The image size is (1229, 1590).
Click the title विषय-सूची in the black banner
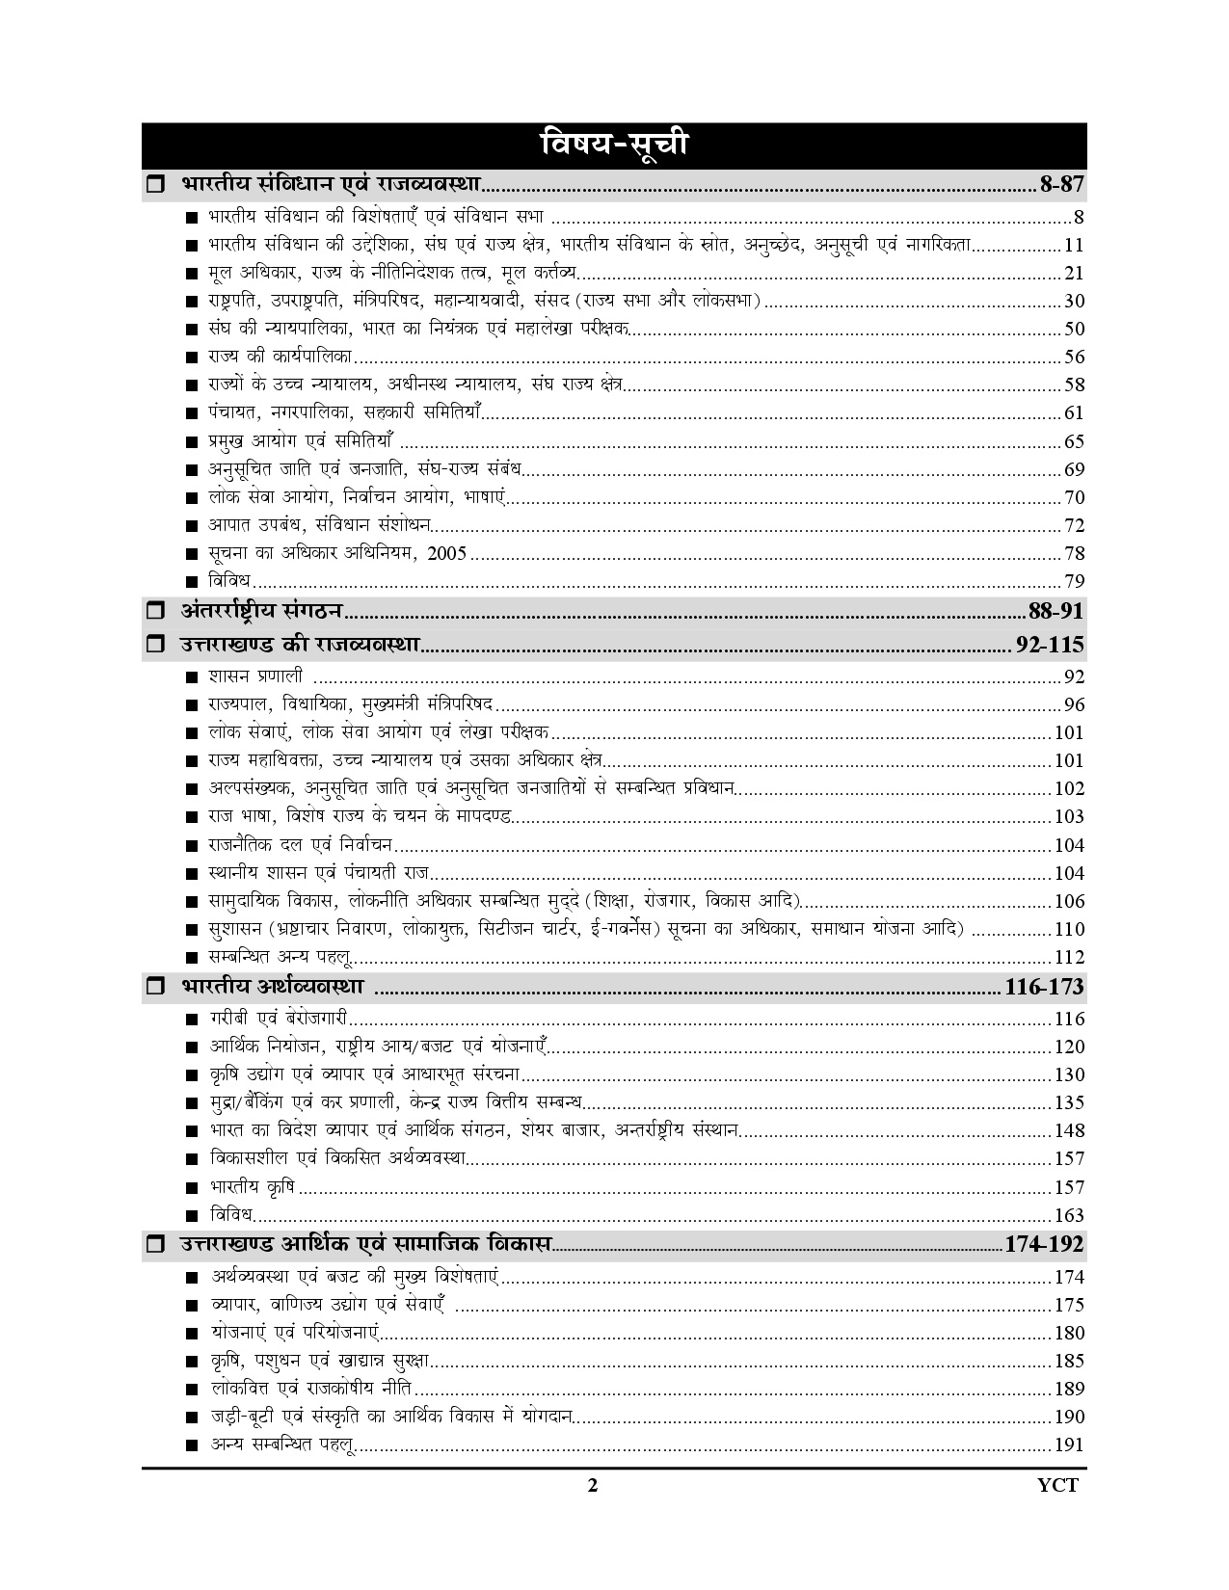pyautogui.click(x=614, y=146)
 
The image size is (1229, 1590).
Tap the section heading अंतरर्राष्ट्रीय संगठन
pyautogui.click(x=263, y=610)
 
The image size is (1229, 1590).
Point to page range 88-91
pyautogui.click(x=1056, y=611)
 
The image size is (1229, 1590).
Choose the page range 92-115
pyautogui.click(x=1050, y=644)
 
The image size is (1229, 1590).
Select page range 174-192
pyautogui.click(x=1044, y=1244)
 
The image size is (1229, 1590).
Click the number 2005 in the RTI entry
pyautogui.click(x=449, y=553)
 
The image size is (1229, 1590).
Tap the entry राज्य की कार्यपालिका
pyautogui.click(x=281, y=357)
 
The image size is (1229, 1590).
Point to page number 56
pyautogui.click(x=1074, y=357)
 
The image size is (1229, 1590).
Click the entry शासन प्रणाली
pyautogui.click(x=255, y=676)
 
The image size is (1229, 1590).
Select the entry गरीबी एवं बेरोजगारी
pyautogui.click(x=279, y=1019)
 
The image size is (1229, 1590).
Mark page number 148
pyautogui.click(x=1070, y=1130)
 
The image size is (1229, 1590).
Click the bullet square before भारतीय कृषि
pyautogui.click(x=193, y=1188)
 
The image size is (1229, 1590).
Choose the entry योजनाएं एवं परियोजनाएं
pyautogui.click(x=295, y=1333)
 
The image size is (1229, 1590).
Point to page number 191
pyautogui.click(x=1070, y=1444)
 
